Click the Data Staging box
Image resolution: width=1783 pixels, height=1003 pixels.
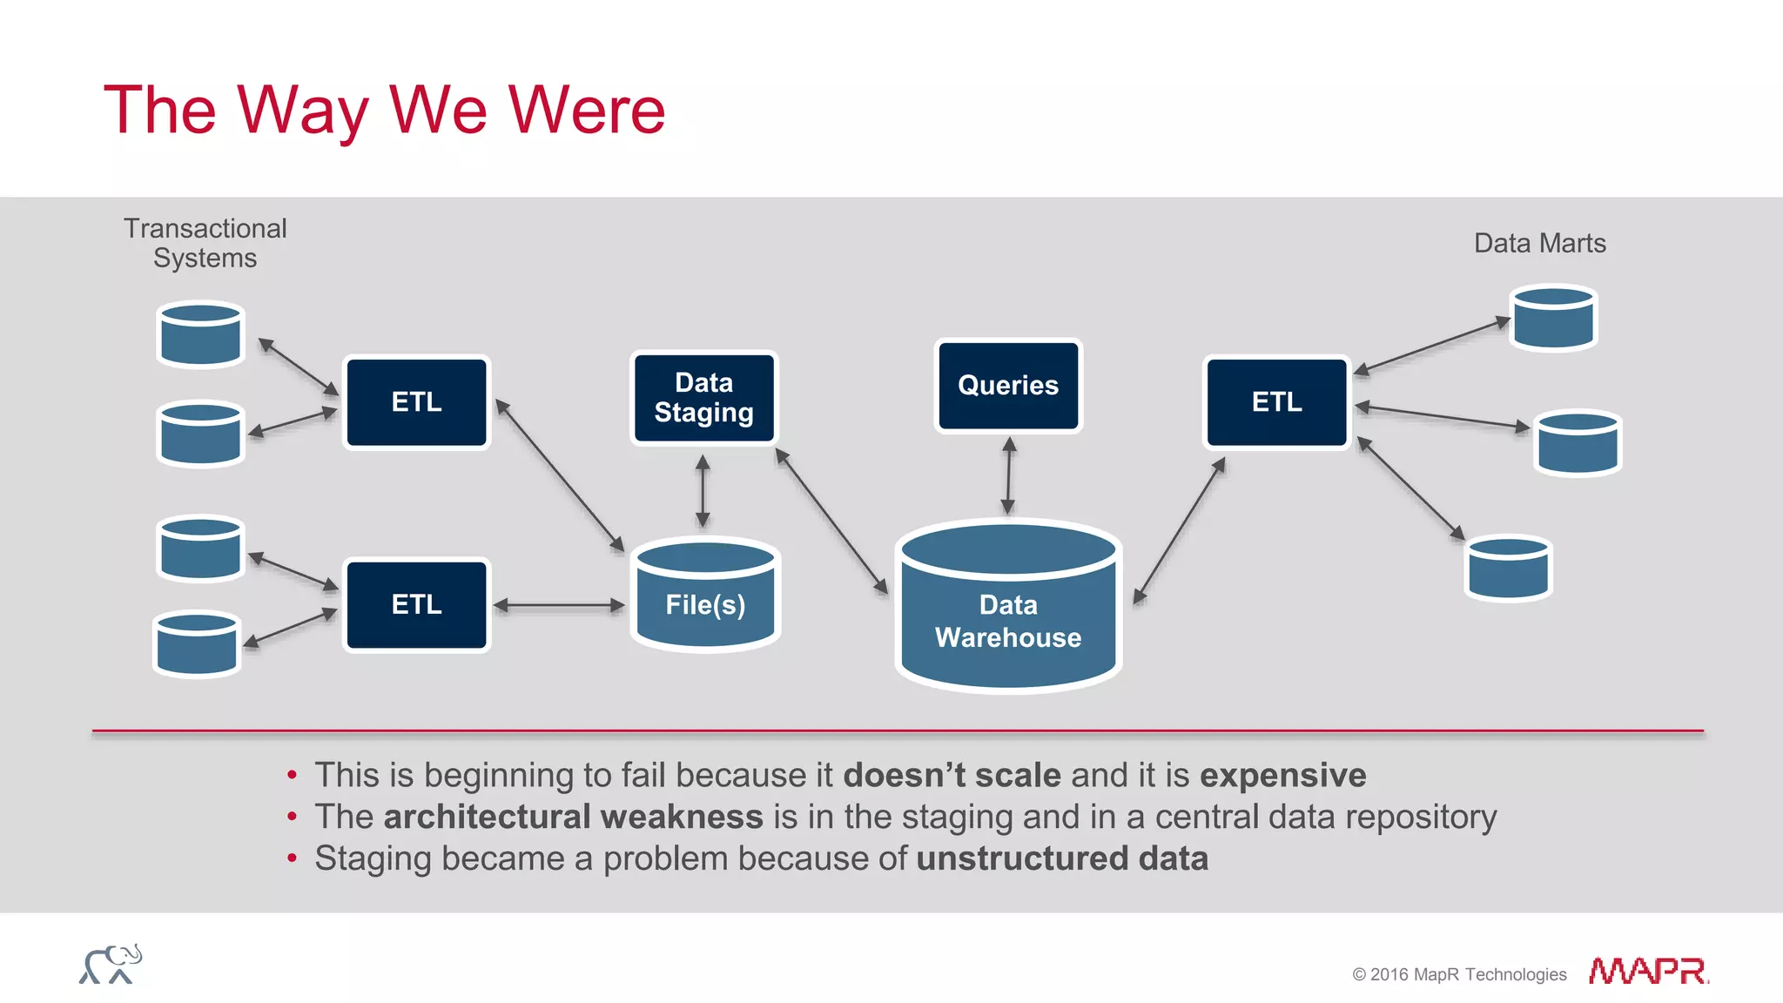pos(703,398)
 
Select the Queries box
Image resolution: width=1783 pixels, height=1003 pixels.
pos(1008,386)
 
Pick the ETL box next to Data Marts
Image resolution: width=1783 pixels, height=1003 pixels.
pos(1276,402)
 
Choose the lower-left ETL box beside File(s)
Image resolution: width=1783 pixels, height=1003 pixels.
pos(416,604)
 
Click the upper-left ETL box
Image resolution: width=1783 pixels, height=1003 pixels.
pos(416,402)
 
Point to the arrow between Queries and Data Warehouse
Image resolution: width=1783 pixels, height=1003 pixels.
pos(1008,475)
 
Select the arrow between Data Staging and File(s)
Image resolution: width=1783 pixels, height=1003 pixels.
pos(703,490)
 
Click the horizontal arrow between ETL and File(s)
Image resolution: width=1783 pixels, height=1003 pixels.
pos(559,604)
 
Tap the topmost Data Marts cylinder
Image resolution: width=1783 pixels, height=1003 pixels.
pos(1553,319)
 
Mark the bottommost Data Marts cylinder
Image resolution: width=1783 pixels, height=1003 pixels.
pos(1508,569)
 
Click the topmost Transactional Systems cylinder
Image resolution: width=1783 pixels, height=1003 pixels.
pos(200,334)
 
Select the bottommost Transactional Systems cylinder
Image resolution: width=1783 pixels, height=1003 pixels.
pos(197,644)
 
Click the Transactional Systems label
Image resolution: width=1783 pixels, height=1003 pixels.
pos(205,243)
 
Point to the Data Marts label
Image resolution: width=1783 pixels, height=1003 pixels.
pos(1539,243)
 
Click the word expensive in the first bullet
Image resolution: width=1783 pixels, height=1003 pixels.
pos(1282,775)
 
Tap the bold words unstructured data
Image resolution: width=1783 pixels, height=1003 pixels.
pos(1062,858)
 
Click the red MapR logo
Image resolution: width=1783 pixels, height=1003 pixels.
pos(1647,971)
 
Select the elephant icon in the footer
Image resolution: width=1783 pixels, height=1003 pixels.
pos(111,965)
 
